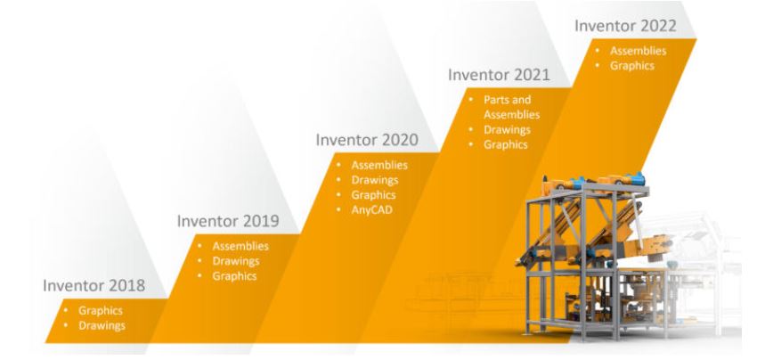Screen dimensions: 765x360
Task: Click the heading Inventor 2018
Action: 94,285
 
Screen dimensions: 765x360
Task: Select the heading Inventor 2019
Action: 228,221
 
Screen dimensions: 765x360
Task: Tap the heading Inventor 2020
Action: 367,140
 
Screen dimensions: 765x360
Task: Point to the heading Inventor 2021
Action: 499,75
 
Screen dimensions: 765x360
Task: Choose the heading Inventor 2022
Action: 625,26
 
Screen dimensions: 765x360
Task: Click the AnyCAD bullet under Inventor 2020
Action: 371,210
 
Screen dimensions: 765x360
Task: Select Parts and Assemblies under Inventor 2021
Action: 512,107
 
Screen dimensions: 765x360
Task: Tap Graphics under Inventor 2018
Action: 101,311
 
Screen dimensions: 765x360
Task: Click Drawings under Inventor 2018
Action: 102,326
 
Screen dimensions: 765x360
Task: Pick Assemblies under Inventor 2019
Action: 240,246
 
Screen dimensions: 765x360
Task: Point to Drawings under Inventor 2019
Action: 236,261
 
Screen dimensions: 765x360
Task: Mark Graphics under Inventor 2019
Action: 235,276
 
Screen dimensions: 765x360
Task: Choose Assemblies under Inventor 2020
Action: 379,165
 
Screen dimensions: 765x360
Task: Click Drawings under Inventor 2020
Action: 375,180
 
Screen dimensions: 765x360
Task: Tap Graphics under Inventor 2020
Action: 374,195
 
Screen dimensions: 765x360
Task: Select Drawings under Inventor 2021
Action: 508,130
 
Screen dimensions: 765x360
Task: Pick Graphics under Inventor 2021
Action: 506,145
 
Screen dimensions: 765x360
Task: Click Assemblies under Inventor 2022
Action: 639,51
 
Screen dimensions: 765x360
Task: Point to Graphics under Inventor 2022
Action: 632,66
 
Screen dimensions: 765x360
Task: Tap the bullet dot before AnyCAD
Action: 338,210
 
